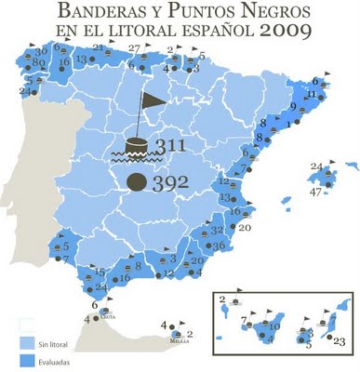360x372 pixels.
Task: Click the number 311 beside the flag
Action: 173,147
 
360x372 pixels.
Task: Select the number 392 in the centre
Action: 171,182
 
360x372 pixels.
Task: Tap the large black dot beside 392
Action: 137,181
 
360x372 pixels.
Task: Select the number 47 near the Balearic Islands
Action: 316,192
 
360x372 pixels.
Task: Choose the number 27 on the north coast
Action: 135,48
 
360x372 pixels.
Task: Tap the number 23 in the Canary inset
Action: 339,342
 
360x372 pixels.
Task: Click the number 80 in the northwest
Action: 38,62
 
